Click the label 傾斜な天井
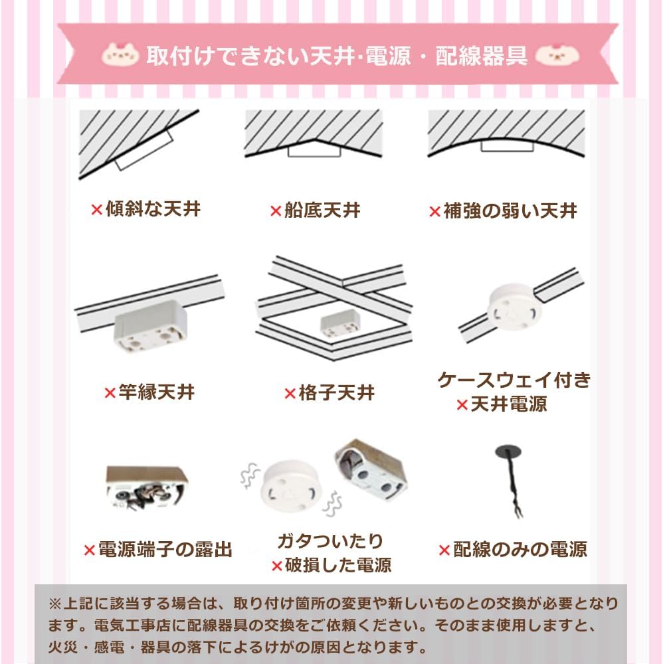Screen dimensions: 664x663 (x=153, y=210)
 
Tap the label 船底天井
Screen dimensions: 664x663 (x=322, y=210)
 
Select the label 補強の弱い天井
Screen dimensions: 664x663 (x=510, y=211)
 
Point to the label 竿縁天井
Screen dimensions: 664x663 (x=157, y=392)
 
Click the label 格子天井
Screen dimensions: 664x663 (x=337, y=392)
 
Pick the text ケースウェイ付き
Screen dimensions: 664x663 (x=514, y=380)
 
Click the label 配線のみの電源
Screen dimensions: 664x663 (x=520, y=549)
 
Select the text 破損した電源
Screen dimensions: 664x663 (x=338, y=565)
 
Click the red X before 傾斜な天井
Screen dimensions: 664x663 (x=96, y=210)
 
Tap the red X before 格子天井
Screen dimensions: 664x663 (x=290, y=393)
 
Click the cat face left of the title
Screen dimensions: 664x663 (x=120, y=54)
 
